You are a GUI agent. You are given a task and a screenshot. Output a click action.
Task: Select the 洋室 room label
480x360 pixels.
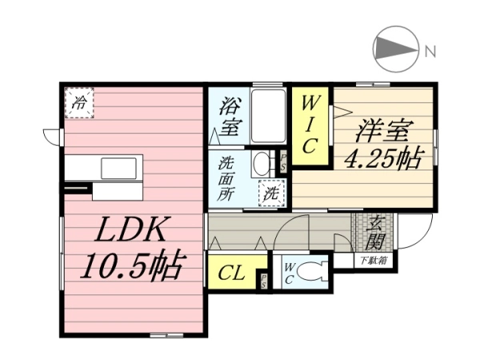(385, 132)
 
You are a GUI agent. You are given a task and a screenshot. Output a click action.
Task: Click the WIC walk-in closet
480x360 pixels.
(310, 126)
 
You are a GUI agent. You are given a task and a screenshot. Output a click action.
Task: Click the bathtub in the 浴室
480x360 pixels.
(269, 116)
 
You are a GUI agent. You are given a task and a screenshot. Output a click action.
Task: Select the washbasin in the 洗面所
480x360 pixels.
(262, 164)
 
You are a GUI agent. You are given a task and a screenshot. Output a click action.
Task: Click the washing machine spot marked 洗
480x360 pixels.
(272, 193)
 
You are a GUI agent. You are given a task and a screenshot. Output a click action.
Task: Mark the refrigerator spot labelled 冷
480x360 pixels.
(79, 103)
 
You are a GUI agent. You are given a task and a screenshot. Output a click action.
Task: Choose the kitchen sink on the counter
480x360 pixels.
(118, 168)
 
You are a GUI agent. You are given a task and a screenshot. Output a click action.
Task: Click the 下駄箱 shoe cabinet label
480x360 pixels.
(374, 261)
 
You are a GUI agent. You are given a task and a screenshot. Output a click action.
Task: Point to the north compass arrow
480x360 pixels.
(396, 49)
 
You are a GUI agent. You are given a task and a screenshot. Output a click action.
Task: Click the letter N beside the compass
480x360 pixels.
(430, 51)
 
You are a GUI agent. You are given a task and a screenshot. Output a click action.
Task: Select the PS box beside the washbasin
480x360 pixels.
(282, 162)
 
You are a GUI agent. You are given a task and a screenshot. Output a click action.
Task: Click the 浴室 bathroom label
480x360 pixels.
(230, 117)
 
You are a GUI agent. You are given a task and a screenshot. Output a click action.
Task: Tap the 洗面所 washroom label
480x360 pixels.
(226, 179)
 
